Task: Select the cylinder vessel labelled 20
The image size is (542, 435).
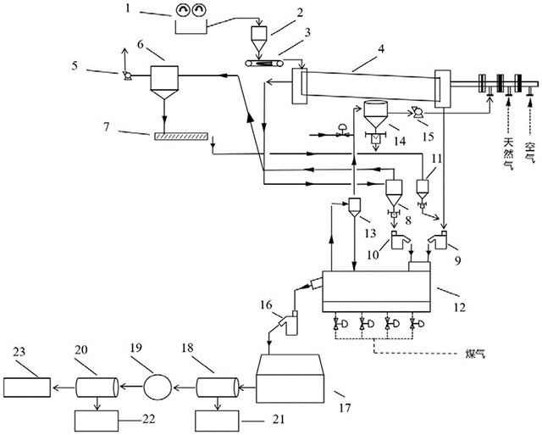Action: coord(95,388)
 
